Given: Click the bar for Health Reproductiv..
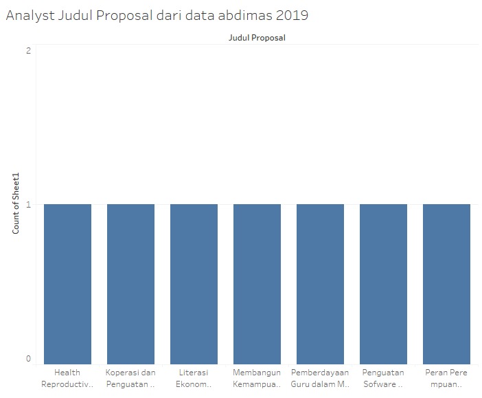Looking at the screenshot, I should pos(67,284).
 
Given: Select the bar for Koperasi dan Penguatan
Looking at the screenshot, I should pos(130,284).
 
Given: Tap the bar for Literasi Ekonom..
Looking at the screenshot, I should pos(194,284).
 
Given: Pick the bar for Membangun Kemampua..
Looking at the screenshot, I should pos(257,284).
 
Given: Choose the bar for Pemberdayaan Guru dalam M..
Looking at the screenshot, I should pos(320,284).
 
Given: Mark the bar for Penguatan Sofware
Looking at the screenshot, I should pos(383,284).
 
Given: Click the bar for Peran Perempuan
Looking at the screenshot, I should pos(446,284).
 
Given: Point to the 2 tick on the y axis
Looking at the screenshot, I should pos(28,51).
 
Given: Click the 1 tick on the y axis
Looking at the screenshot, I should pos(28,204).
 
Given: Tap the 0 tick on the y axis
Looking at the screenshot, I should pos(28,358).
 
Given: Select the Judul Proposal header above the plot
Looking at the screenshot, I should pos(257,38).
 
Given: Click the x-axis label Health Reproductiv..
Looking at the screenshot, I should pos(67,378).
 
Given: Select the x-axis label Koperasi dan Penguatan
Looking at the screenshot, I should pos(130,378).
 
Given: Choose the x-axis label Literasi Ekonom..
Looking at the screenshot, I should pos(194,378).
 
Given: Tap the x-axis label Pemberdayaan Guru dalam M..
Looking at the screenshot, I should pos(320,378).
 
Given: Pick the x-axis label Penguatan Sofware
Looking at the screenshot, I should pos(383,378).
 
